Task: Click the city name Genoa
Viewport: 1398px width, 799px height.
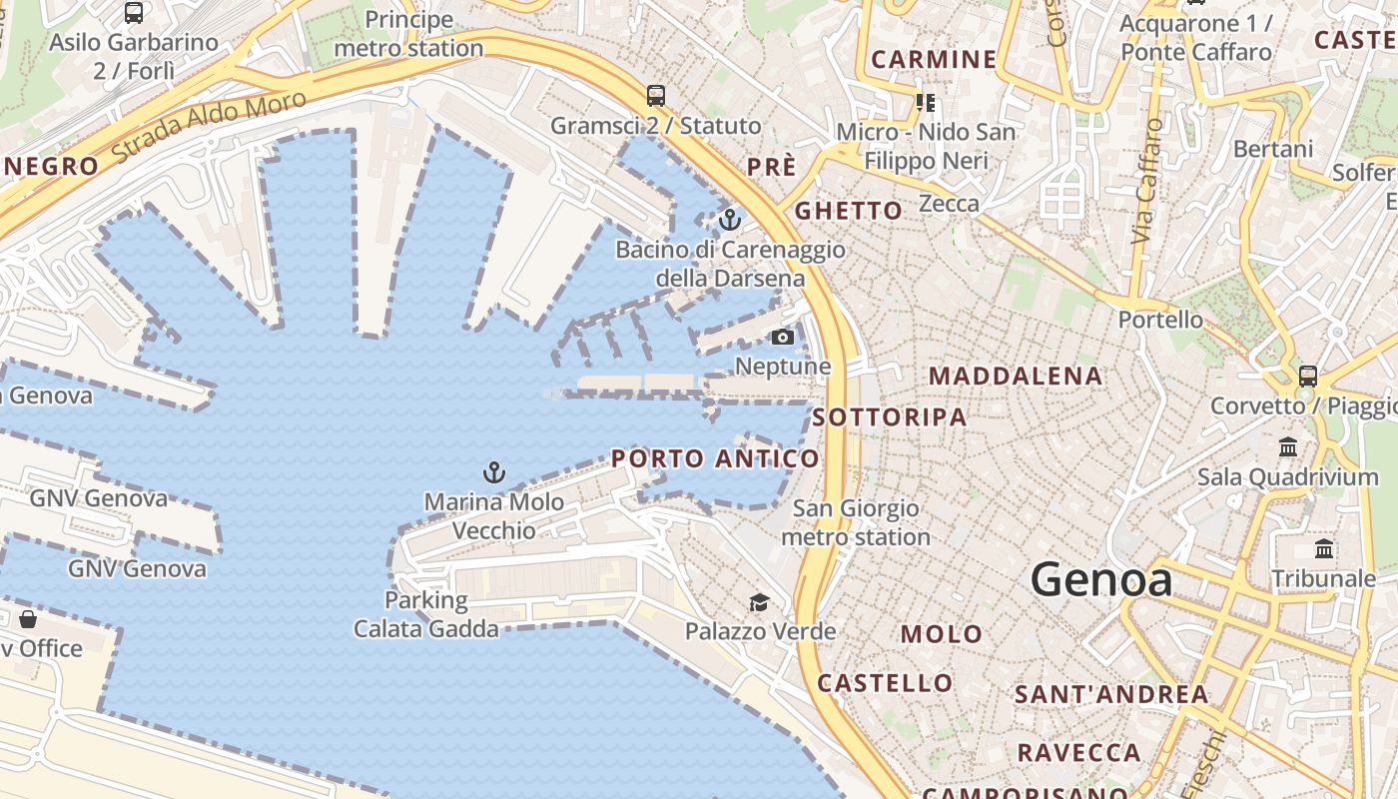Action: (1100, 579)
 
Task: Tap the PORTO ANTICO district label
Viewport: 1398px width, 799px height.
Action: (715, 458)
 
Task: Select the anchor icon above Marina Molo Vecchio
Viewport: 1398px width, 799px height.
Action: (493, 471)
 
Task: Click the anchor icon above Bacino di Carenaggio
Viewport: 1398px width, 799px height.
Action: (730, 219)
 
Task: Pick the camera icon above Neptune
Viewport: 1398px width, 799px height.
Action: (783, 337)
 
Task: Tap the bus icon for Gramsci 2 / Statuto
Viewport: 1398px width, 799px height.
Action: (655, 96)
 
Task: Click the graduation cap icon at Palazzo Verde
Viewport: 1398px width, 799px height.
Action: (760, 602)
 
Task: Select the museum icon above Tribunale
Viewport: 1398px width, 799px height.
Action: (1324, 548)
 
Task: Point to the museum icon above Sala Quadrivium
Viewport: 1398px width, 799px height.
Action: (1288, 446)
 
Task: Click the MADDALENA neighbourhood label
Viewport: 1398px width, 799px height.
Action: (1016, 377)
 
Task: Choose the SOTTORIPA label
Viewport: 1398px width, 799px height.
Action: (890, 417)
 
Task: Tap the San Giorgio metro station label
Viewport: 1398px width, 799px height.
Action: (856, 522)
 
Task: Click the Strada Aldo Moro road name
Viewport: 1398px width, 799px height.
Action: (209, 126)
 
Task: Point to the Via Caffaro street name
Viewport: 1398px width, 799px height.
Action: (1148, 181)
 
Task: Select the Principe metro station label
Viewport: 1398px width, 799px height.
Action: (408, 33)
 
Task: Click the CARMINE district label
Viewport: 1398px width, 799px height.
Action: (934, 59)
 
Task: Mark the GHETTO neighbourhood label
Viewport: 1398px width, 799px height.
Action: (848, 211)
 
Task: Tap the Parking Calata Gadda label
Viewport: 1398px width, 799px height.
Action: (426, 614)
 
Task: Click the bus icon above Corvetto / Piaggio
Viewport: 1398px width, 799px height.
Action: (1307, 377)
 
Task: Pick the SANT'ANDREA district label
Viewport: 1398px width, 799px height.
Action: (1111, 694)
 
